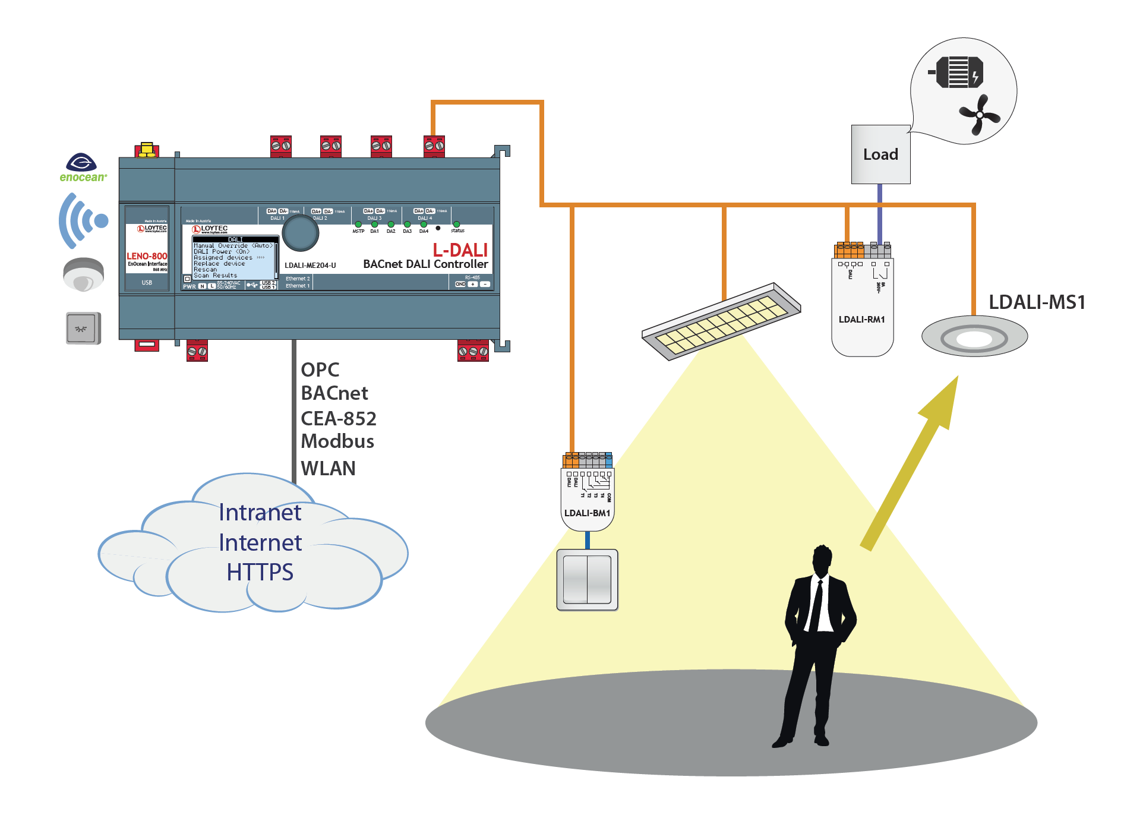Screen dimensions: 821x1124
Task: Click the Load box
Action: [880, 154]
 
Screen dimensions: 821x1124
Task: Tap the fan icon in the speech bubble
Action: [979, 114]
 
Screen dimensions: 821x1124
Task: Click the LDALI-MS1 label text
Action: [1037, 302]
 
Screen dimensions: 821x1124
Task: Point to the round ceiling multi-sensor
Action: [974, 337]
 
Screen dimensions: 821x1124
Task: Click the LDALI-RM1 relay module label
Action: [861, 320]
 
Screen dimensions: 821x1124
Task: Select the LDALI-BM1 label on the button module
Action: [587, 513]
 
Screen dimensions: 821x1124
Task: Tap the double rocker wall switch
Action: [588, 580]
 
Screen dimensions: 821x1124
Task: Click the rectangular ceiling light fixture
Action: [721, 321]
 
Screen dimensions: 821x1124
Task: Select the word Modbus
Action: [337, 441]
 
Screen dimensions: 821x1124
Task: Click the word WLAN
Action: [328, 469]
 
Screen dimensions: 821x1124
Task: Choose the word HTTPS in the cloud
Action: [260, 572]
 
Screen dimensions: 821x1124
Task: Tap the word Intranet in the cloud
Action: [260, 513]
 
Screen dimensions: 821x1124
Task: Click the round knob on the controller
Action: [301, 233]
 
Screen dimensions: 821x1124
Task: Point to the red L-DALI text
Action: [460, 250]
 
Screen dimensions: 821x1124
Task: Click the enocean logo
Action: [83, 168]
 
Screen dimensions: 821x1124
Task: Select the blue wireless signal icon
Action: [83, 220]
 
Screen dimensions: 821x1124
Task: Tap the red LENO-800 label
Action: [147, 256]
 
